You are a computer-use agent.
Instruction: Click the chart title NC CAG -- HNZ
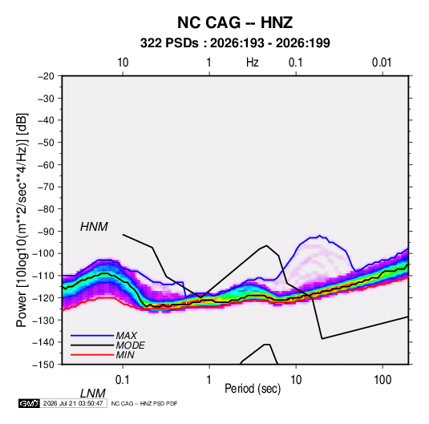[235, 22]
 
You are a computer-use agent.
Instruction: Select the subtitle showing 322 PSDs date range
[235, 43]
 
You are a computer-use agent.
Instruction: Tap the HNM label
[94, 227]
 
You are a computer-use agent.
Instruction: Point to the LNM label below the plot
[92, 394]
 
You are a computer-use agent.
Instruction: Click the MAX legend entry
[126, 335]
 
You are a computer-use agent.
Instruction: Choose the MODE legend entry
[130, 345]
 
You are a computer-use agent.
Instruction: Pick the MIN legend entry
[125, 355]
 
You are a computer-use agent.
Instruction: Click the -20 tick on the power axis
[46, 76]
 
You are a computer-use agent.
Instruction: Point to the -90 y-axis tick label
[46, 232]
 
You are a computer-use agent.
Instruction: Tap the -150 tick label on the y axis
[43, 365]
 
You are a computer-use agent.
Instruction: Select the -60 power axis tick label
[46, 164]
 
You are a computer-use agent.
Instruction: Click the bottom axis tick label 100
[382, 380]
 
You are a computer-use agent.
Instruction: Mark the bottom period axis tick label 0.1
[123, 380]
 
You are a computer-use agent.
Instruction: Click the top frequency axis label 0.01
[382, 63]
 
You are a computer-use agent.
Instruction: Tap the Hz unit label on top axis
[253, 63]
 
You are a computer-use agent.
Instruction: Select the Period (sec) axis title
[253, 389]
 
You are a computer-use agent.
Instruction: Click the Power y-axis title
[22, 220]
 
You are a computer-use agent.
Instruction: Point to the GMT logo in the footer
[30, 403]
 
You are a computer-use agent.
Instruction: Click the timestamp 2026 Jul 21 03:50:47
[73, 403]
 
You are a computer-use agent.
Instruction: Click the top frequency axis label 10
[123, 63]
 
